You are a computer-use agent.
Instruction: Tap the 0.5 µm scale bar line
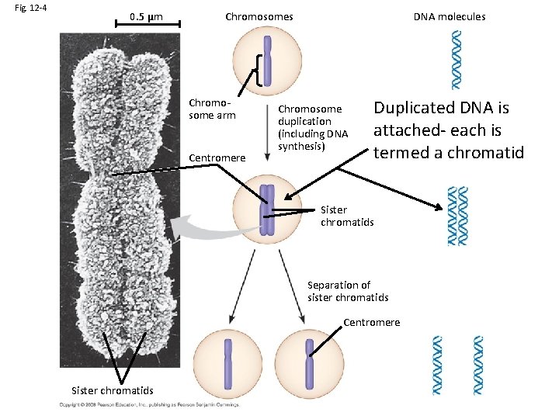[x=148, y=26]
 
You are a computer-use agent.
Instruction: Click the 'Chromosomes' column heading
[x=259, y=16]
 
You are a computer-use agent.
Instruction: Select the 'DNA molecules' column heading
[x=449, y=16]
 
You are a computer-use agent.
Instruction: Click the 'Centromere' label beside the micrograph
[x=217, y=158]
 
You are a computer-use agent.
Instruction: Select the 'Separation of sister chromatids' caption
[x=348, y=291]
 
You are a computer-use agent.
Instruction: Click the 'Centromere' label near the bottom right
[x=372, y=322]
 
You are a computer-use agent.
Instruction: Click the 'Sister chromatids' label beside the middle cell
[x=347, y=216]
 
